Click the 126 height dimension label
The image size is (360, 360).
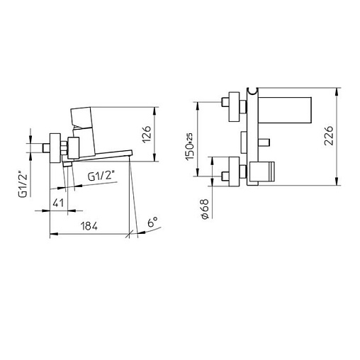(x=147, y=134)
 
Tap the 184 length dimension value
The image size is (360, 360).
(x=89, y=226)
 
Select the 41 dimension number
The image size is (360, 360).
(x=58, y=203)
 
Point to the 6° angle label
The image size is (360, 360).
(x=152, y=223)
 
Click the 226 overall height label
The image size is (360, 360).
(x=329, y=135)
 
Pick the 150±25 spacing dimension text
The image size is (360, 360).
(x=190, y=147)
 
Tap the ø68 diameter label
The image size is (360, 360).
(x=205, y=209)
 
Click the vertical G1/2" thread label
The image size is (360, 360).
(x=23, y=186)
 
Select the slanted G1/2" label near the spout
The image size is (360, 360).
(x=99, y=176)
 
